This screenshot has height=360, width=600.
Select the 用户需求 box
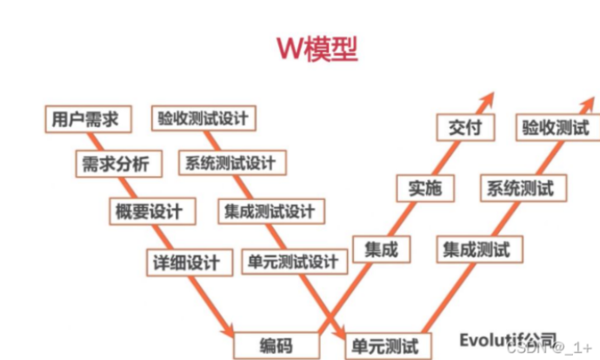(x=85, y=118)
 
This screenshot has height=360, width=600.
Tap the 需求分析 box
(x=115, y=164)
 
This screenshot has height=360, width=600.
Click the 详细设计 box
(x=187, y=260)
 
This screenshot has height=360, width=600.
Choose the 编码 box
(x=276, y=344)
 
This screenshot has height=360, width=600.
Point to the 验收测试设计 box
(x=203, y=118)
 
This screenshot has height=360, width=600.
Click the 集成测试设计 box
(x=269, y=210)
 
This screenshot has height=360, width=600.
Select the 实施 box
(x=423, y=187)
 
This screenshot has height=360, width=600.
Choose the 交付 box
(x=464, y=127)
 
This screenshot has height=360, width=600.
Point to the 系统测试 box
(x=520, y=187)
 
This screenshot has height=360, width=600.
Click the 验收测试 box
(x=556, y=128)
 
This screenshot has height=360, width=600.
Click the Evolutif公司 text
(x=508, y=336)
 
